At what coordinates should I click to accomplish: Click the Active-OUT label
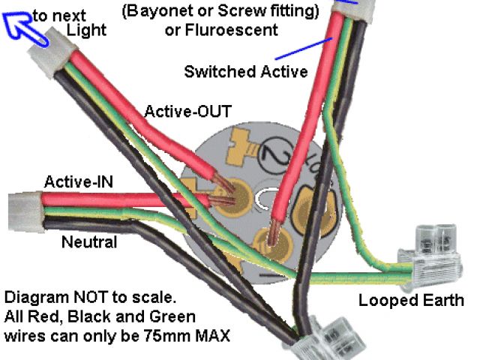187,112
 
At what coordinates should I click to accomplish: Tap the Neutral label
89,242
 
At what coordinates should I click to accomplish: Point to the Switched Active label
245,72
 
